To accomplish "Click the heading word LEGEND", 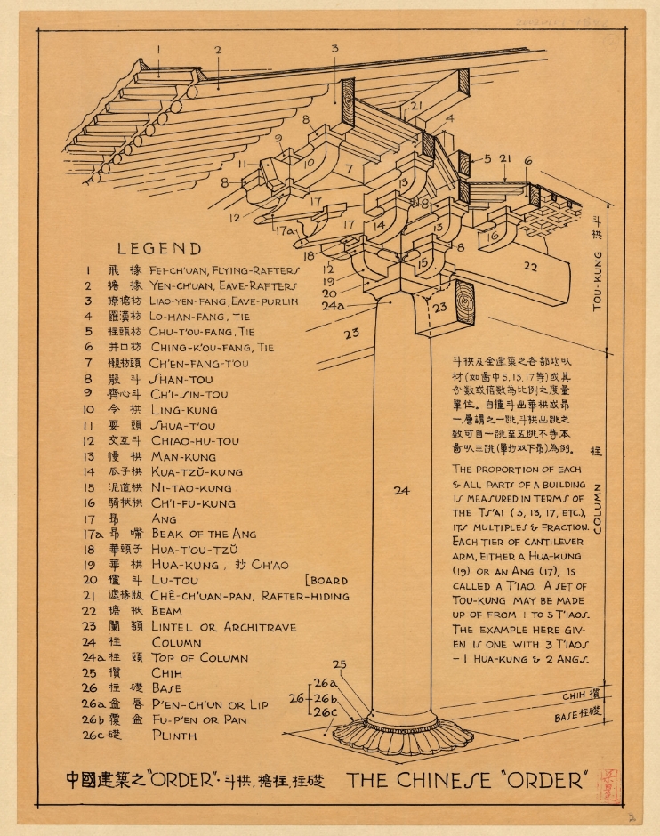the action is click(159, 249).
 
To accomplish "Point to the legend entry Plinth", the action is click(174, 736).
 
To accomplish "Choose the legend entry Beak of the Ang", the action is click(204, 534).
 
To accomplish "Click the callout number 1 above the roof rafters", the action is click(158, 49).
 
